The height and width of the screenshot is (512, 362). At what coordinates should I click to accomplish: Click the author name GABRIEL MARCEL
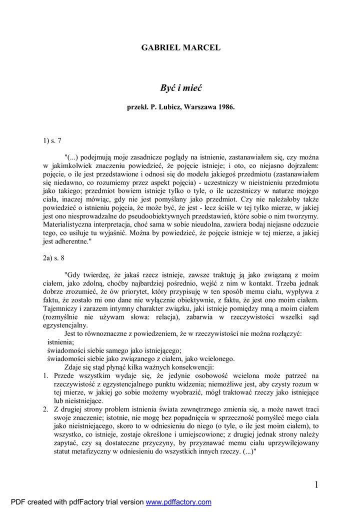180,48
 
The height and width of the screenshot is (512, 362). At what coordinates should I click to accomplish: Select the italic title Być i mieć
180,88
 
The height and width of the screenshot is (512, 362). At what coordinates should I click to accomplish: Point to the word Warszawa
199,107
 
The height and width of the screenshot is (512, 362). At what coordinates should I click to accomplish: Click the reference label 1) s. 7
52,141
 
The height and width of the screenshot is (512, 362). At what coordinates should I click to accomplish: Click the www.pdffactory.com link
178,502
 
